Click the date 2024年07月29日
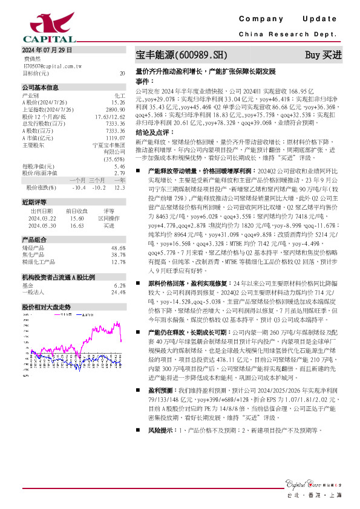[46, 50]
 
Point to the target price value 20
[122, 73]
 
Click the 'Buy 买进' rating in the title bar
[323, 54]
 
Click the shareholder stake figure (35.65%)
[114, 159]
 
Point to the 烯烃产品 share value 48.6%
[118, 248]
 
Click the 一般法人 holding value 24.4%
[118, 292]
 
